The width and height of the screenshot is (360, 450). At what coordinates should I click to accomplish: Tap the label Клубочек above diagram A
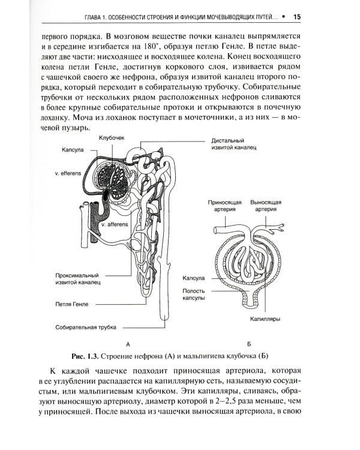click(112, 138)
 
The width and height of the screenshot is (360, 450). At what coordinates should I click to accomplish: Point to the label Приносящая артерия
click(225, 206)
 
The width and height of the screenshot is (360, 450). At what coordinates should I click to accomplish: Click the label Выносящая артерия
click(265, 206)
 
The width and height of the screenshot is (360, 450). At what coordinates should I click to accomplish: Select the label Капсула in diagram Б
click(194, 278)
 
